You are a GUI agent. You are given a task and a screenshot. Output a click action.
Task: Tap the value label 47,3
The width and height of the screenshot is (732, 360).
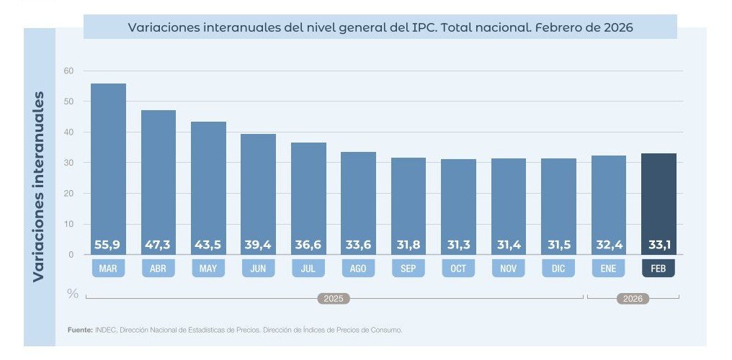pos(158,246)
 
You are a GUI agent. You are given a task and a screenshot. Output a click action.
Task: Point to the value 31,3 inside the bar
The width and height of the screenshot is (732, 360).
pos(458,246)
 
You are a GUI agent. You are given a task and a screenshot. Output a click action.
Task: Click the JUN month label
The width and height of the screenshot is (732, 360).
pos(258,269)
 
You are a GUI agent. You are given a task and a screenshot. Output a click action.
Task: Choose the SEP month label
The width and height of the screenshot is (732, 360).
pos(409,269)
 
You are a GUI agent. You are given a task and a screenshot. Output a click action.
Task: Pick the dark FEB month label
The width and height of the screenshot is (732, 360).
pos(659,269)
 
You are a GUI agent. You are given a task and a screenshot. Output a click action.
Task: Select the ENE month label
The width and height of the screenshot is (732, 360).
pos(609,269)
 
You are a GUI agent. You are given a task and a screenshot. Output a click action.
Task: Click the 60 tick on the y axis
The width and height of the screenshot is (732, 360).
pos(68,71)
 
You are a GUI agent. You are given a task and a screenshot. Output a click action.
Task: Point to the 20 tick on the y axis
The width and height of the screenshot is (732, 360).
pos(68,193)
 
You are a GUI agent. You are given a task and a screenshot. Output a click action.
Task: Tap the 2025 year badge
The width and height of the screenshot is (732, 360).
pos(334,298)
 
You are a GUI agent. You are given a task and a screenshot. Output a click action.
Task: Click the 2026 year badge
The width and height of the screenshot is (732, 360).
pos(633,298)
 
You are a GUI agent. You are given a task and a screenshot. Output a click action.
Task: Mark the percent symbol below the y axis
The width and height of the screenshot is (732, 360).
pos(72,294)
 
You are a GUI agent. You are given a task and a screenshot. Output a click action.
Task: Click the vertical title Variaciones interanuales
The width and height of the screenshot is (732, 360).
pos(39,186)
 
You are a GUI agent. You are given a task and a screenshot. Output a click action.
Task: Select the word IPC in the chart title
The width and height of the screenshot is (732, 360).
pos(424,27)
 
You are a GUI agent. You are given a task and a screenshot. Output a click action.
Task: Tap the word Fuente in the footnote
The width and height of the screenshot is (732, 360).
pos(79,330)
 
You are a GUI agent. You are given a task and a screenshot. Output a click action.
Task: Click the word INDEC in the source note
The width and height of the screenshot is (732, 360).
pos(104,330)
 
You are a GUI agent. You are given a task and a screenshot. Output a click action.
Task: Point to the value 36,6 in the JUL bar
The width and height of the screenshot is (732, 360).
pos(308,246)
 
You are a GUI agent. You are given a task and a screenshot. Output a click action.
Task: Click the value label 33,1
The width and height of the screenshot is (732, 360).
pos(659,246)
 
